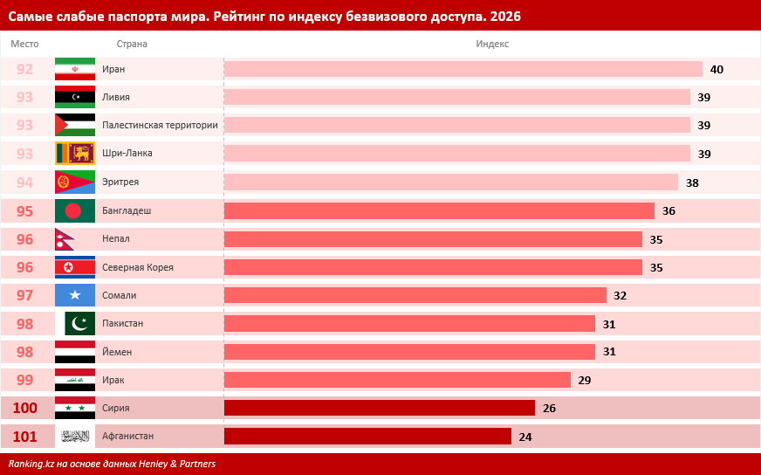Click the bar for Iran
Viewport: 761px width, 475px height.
[x=463, y=69]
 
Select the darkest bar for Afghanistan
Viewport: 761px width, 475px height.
[x=367, y=436]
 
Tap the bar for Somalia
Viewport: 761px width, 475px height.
[x=415, y=295]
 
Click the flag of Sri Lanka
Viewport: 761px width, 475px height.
[x=75, y=154]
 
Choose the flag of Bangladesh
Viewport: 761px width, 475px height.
[x=75, y=210]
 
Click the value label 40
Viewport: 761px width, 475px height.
[x=716, y=69]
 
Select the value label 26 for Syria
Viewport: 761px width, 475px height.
[x=549, y=408]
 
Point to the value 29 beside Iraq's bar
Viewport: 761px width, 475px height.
[x=585, y=380]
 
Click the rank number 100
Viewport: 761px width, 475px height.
[x=24, y=408]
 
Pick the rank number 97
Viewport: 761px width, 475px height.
[x=24, y=295]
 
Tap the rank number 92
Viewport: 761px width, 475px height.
[x=24, y=69]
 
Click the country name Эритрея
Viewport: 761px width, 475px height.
[x=120, y=182]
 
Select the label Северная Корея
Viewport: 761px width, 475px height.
[x=138, y=267]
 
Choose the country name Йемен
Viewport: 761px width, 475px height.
[x=117, y=352]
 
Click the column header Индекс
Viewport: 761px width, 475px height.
[x=492, y=44]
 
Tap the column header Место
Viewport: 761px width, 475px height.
[x=24, y=44]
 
